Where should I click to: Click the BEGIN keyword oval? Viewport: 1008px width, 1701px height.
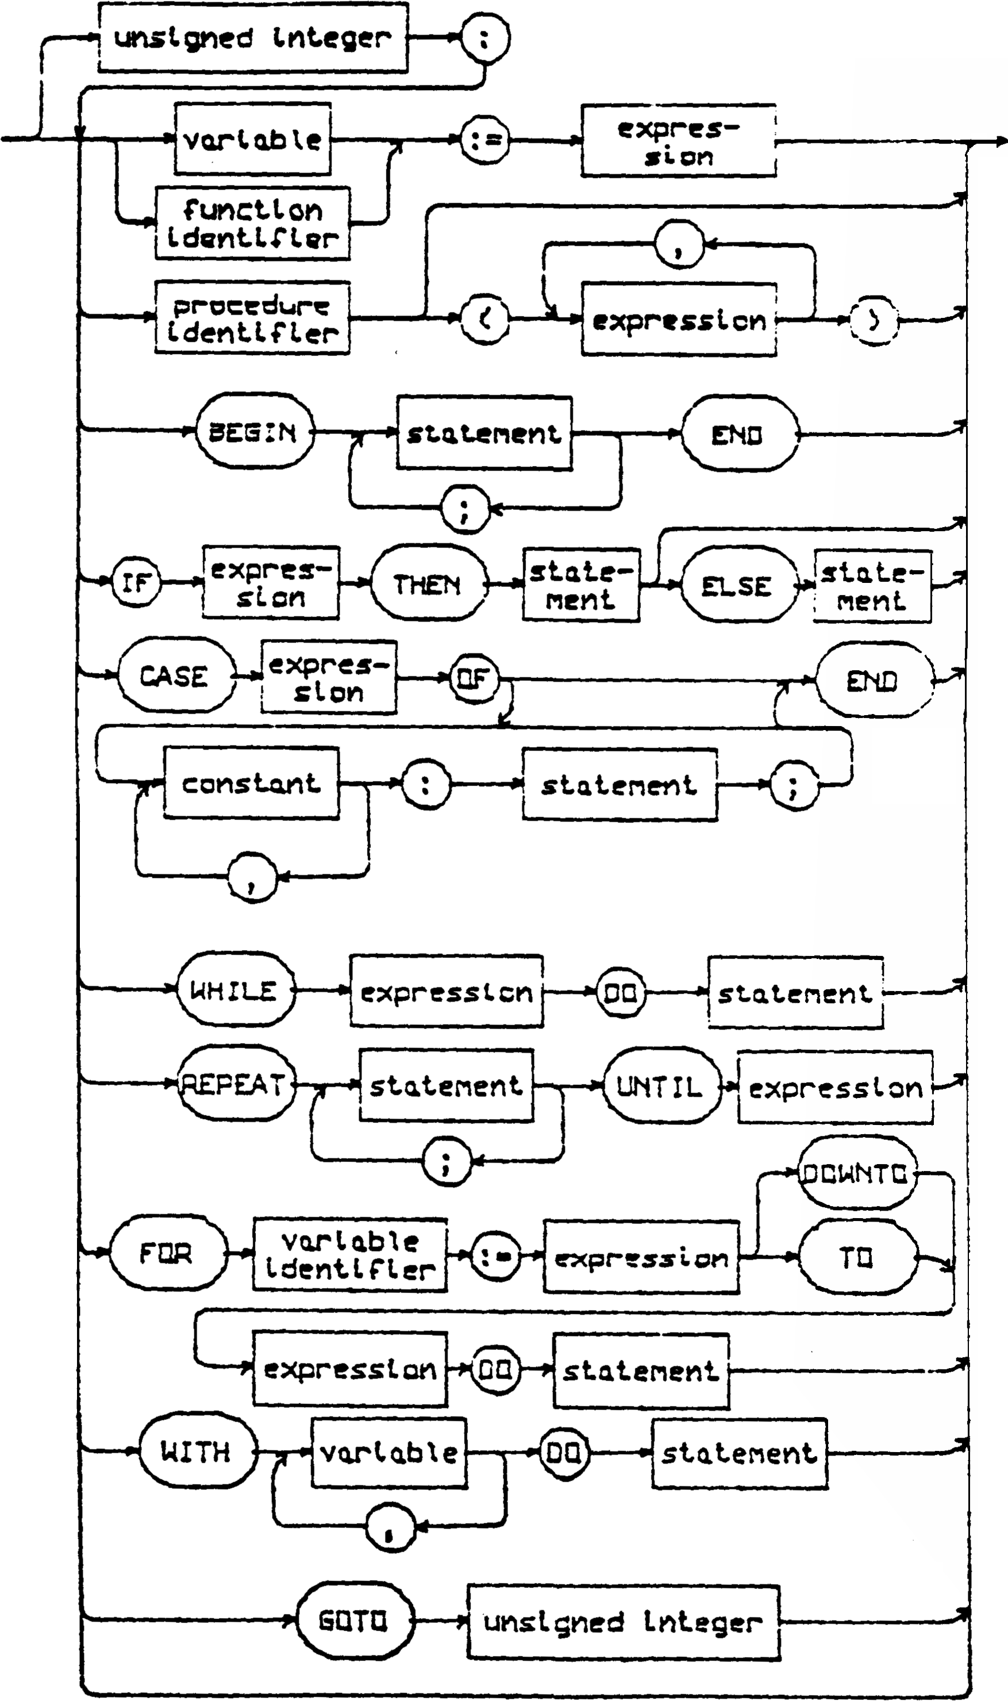click(255, 431)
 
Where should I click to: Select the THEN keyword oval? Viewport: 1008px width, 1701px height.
click(429, 583)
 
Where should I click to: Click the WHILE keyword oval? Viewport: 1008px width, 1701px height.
click(234, 990)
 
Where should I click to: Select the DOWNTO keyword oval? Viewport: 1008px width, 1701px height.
click(856, 1173)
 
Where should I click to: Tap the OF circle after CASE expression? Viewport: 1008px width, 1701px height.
click(474, 677)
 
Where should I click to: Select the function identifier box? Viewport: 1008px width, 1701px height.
click(253, 224)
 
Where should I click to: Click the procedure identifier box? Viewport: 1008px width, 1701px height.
click(253, 318)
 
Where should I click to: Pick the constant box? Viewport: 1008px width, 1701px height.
click(251, 784)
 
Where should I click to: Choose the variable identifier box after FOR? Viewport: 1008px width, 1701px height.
click(350, 1255)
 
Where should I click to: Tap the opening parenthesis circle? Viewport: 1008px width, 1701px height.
click(485, 318)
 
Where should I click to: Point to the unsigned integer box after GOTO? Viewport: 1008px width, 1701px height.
click(623, 1622)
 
